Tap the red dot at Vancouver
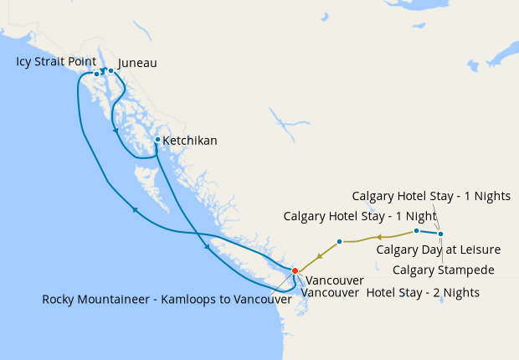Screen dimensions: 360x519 [x=295, y=270]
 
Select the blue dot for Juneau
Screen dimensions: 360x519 [x=111, y=70]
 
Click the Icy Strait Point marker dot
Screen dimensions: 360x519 [x=97, y=75]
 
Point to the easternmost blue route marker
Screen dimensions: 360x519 [x=441, y=234]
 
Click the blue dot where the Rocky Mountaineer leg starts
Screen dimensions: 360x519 [x=339, y=241]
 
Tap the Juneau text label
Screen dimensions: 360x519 [x=137, y=63]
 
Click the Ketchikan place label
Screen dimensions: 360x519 [x=190, y=141]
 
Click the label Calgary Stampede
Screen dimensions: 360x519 [x=443, y=270]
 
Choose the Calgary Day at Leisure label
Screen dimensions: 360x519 [x=438, y=249]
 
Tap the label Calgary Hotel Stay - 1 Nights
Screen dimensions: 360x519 [x=430, y=196]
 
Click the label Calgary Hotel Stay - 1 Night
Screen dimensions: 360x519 [x=360, y=216]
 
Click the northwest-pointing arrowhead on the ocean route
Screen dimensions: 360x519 [x=134, y=210]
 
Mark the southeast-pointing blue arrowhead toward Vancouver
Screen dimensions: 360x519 [x=207, y=247]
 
